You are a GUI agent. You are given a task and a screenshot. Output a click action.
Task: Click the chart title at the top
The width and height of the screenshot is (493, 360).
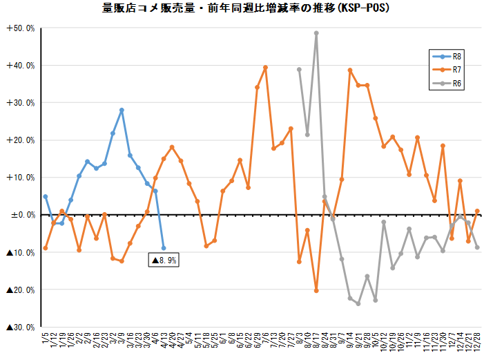tap(246, 9)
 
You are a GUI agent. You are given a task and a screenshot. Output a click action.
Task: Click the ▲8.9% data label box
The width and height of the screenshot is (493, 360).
tap(164, 260)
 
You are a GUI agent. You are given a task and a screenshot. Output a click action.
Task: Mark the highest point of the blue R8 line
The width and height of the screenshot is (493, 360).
tap(122, 110)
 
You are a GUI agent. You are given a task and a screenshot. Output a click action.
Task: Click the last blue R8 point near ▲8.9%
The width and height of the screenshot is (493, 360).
tap(164, 247)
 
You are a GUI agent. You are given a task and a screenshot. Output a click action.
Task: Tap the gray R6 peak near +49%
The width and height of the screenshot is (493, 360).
tap(316, 32)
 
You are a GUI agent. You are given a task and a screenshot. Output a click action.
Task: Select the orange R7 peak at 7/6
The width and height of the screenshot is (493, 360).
tap(265, 67)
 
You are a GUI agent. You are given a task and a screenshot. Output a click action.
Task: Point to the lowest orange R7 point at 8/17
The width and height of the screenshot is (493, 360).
tap(316, 290)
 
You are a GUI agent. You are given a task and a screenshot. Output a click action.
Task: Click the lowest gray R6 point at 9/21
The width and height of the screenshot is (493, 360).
tap(358, 303)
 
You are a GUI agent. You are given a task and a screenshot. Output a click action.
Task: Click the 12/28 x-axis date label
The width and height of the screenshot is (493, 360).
tap(478, 341)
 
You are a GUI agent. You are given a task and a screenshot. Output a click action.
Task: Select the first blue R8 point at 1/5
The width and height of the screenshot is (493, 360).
tap(46, 196)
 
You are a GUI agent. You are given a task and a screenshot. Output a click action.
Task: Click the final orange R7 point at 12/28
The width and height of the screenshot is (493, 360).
tap(477, 211)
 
